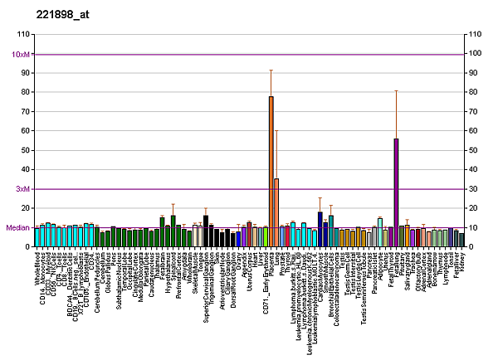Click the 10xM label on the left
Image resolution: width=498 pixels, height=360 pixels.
tap(22, 54)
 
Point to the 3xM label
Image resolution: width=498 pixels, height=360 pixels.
tap(23, 189)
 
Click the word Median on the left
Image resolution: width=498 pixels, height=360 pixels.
tap(18, 228)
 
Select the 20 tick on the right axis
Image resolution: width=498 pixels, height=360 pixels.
tap(475, 208)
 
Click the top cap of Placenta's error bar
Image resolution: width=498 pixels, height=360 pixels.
tap(271, 71)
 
